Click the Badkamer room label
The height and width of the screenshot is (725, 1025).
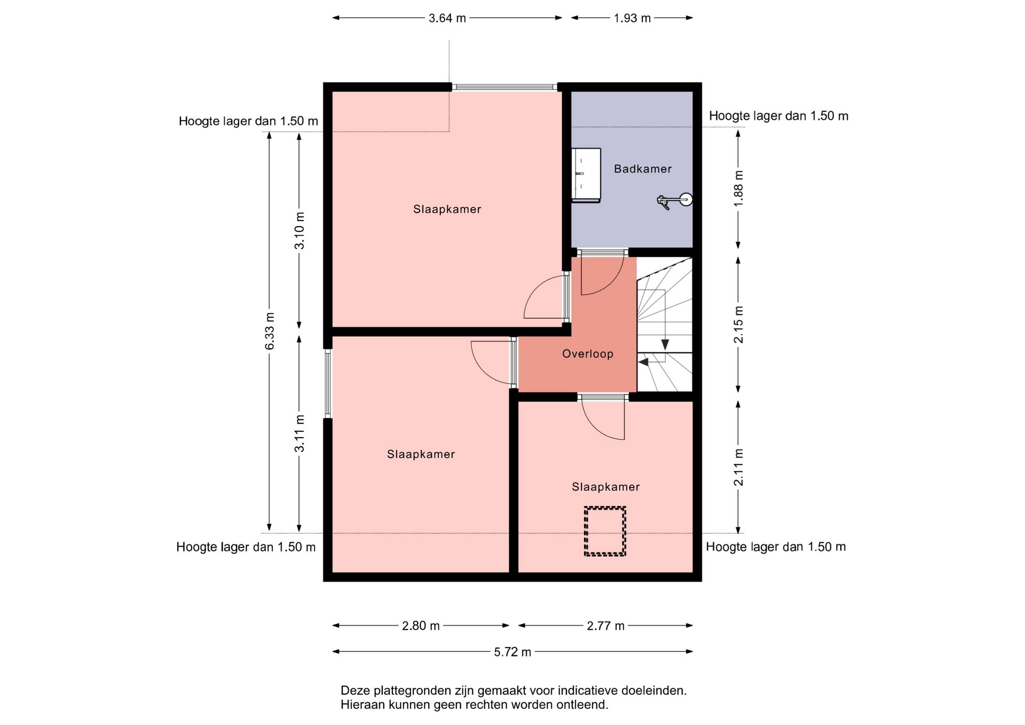(642, 169)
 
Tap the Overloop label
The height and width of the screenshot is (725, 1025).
(587, 354)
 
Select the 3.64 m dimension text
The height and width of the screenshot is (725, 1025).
(447, 18)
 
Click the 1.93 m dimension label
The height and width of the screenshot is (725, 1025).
(632, 18)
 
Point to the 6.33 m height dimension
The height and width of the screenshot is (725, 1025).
(270, 331)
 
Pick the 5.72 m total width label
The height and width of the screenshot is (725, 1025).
(512, 652)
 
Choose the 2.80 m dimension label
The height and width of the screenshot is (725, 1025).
(421, 626)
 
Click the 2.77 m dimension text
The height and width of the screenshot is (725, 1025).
(605, 626)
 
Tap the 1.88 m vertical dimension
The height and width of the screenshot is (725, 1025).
(739, 188)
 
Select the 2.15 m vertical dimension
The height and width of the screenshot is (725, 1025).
(739, 325)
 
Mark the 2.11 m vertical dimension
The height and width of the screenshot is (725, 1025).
(739, 467)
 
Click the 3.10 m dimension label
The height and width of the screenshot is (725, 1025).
(299, 231)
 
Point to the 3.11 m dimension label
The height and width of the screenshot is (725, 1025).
(299, 434)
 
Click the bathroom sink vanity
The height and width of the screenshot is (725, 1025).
(586, 175)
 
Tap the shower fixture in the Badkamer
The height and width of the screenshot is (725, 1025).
(675, 201)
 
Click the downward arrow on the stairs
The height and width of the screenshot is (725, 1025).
(665, 344)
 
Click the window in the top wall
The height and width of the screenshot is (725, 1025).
(504, 87)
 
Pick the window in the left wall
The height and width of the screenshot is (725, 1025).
(328, 383)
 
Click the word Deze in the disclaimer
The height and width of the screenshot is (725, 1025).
(355, 691)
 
